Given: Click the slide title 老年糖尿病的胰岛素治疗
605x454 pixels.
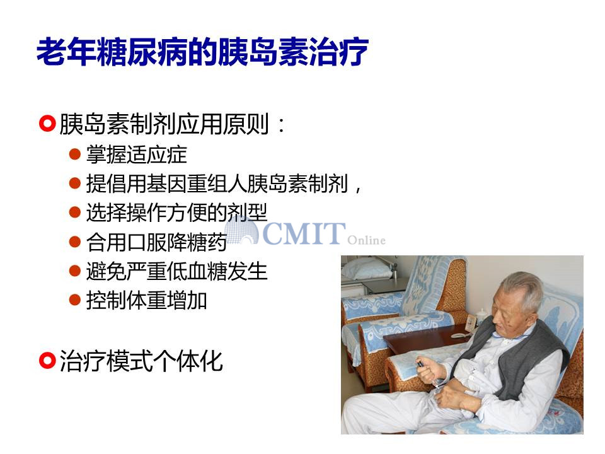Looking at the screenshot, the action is tap(202, 52).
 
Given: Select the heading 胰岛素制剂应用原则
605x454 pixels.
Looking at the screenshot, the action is tap(164, 124).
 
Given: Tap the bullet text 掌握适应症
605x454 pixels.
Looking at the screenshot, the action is tap(137, 154).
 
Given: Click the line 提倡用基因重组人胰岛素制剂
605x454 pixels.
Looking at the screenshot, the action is tap(217, 183).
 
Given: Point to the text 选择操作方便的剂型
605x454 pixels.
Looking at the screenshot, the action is tap(176, 212).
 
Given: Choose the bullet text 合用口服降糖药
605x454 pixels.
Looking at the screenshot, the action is tap(156, 242).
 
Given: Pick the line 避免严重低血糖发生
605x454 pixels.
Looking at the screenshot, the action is tap(176, 271).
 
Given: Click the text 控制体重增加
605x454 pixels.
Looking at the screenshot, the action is tap(147, 300).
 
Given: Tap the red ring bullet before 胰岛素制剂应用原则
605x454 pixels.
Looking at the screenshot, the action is tap(47, 124).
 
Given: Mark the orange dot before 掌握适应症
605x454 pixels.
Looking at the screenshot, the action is tap(74, 154).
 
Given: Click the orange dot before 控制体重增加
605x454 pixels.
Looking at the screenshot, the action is tap(74, 300).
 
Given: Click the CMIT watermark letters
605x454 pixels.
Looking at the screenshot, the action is tap(304, 233).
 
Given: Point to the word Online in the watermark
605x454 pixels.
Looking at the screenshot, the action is tap(366, 240).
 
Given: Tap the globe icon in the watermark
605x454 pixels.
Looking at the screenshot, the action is tap(241, 231).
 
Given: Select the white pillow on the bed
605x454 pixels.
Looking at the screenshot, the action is tap(367, 269).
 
